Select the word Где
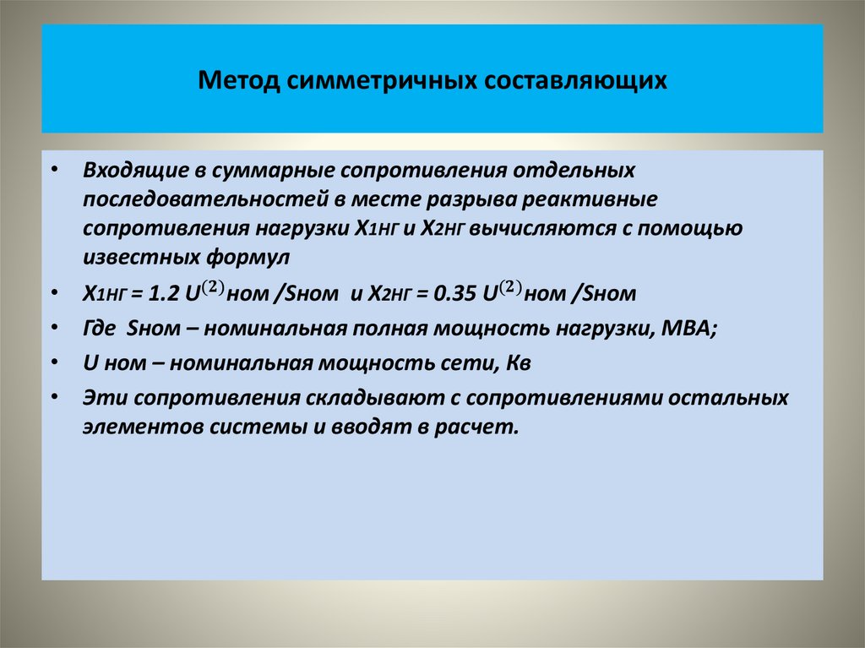point(100,329)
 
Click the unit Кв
point(518,363)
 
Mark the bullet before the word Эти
point(55,398)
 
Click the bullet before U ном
point(55,363)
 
